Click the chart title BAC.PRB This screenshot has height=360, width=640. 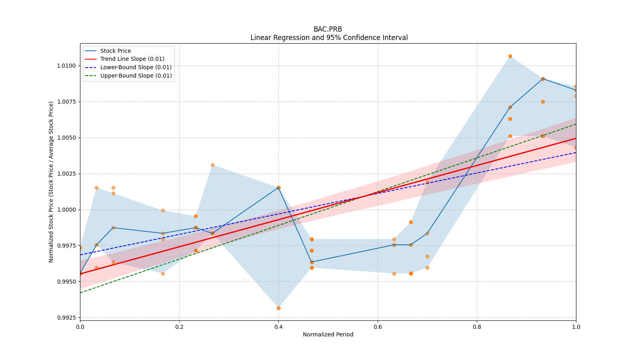pos(328,29)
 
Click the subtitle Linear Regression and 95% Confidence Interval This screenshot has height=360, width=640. pos(329,38)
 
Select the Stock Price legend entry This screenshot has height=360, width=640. pos(116,51)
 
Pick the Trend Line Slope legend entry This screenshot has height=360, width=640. pos(132,59)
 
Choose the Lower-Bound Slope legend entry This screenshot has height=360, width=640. pos(136,67)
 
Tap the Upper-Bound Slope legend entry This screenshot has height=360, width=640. pos(136,76)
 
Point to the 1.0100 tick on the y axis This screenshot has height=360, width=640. pos(66,66)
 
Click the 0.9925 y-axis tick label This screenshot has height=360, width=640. pos(66,318)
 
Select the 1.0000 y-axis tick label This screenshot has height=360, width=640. pos(66,210)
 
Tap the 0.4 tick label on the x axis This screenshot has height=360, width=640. pos(278,327)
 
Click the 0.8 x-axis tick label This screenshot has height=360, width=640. pos(477,327)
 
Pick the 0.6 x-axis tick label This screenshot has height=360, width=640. pos(378,327)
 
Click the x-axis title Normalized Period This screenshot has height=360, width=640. pos(328,334)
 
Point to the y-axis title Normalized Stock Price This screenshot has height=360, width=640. pos(51,182)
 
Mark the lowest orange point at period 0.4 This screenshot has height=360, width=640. pos(278,308)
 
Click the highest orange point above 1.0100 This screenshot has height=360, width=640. pos(510,56)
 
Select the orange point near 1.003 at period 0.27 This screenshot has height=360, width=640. pos(212,165)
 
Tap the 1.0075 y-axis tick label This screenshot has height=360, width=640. pos(66,102)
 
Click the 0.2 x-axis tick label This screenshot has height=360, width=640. pos(179,327)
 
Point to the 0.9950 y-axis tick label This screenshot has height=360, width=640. pos(66,282)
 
